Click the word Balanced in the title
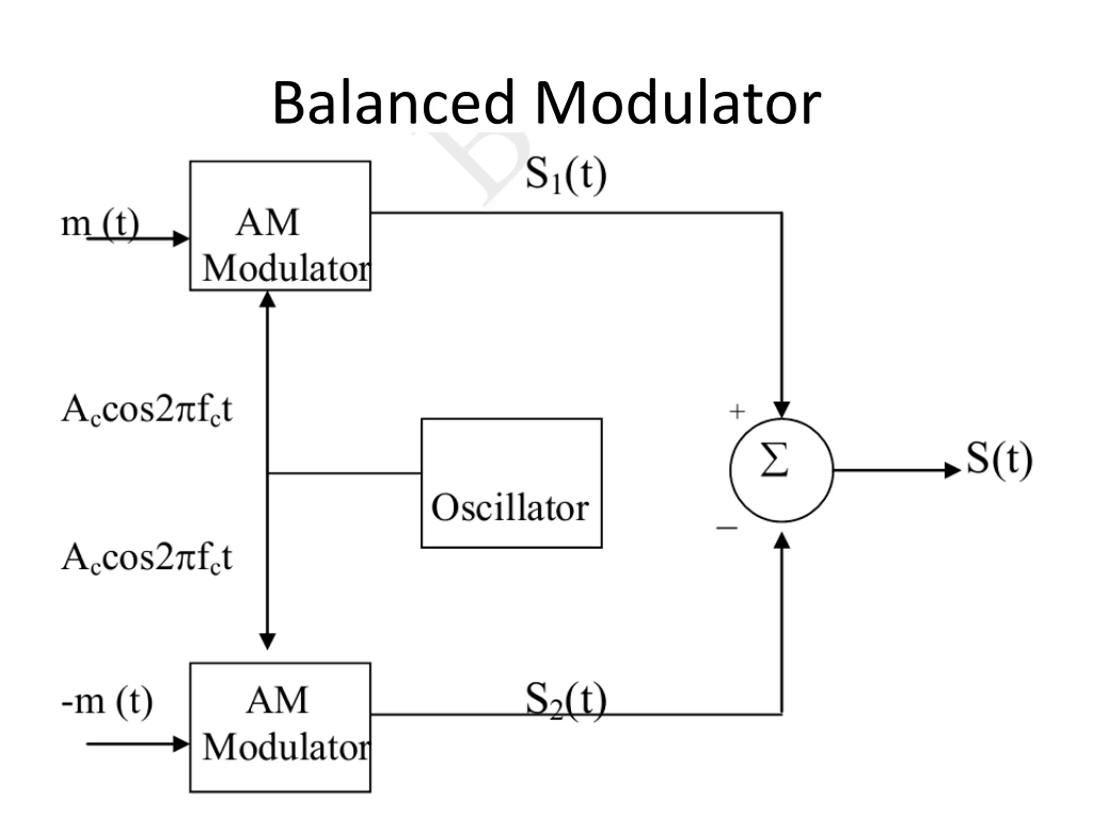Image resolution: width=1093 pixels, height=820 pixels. (394, 103)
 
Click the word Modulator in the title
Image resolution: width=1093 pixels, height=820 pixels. (678, 103)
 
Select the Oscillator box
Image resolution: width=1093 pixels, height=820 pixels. (511, 483)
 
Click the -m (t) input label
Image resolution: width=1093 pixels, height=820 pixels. (107, 701)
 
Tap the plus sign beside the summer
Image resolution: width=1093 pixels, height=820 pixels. (737, 411)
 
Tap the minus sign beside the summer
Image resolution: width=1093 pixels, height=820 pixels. (726, 528)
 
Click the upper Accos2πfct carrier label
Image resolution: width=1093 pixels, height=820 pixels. (146, 410)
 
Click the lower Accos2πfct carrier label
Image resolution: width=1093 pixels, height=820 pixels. (146, 557)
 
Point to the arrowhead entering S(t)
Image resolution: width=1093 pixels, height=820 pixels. (952, 470)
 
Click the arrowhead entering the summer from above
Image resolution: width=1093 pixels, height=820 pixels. (782, 410)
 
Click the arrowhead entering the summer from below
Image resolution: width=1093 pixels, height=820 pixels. (782, 541)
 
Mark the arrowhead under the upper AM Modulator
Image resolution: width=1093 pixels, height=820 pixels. (267, 299)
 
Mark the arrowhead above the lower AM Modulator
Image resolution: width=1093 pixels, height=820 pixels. (267, 641)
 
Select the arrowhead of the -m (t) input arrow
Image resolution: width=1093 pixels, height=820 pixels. (181, 744)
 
